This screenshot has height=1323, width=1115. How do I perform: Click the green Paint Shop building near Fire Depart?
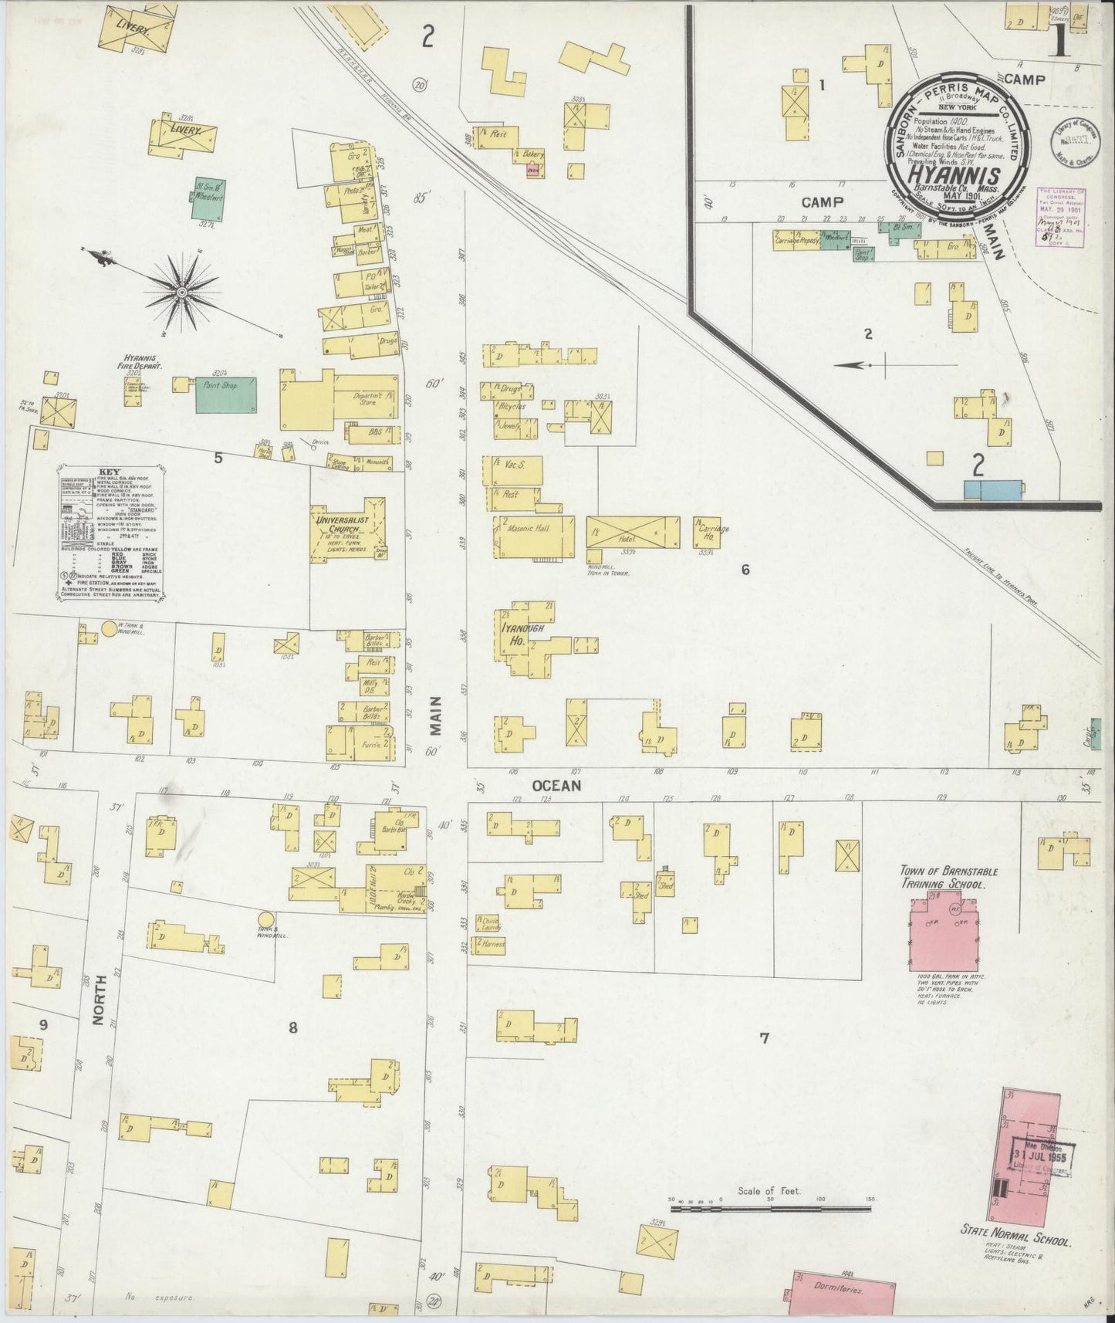[225, 394]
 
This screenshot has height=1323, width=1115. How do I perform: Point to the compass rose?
[181, 291]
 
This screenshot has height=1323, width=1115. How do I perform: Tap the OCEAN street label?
[555, 785]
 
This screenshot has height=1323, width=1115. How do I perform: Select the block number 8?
[292, 1027]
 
